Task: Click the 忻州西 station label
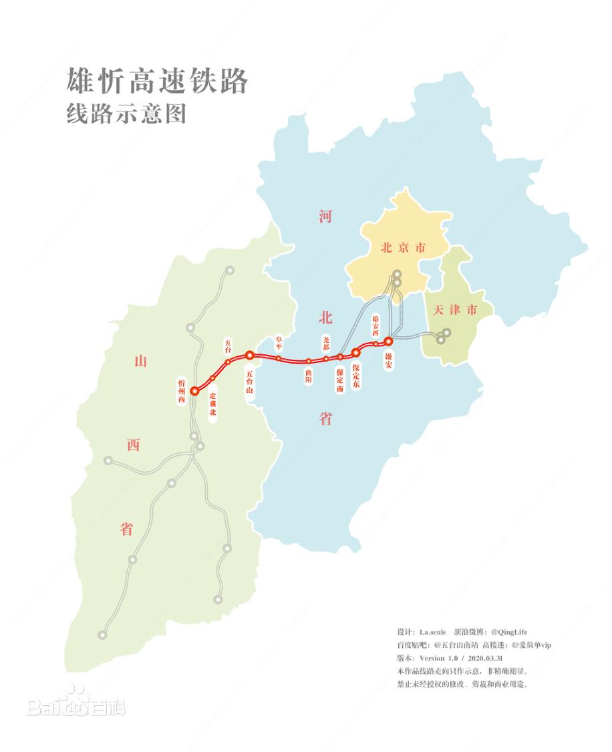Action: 181,391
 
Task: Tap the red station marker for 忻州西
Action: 194,391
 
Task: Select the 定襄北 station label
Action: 212,402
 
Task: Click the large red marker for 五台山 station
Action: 249,355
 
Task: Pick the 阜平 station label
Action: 279,343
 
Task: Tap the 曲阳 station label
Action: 308,375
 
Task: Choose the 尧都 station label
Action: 326,343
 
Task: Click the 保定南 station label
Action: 340,379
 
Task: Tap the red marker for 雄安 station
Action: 389,342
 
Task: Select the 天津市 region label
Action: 455,309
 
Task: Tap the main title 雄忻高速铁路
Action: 157,82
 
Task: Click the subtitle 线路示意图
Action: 126,114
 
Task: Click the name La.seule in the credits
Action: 432,632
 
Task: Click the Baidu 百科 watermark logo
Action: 75,702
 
